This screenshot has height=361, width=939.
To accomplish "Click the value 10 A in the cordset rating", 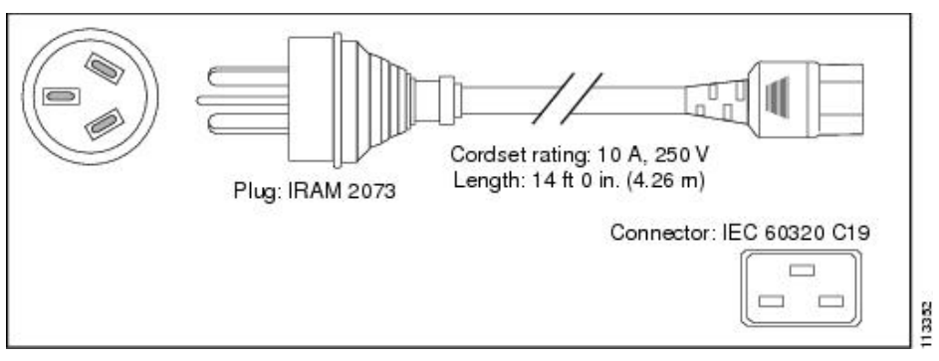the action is tap(619, 155).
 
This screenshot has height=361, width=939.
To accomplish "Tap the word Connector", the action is tap(658, 233).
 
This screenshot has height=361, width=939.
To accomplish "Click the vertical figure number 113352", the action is tap(928, 325).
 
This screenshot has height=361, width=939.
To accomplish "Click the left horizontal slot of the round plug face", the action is tap(61, 95).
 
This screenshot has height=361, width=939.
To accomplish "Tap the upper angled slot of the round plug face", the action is tap(105, 68).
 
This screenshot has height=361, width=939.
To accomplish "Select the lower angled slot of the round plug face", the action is tap(105, 124).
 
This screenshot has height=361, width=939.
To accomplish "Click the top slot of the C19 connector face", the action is tap(802, 271).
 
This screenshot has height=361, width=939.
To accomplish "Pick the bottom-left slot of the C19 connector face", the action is tap(771, 301).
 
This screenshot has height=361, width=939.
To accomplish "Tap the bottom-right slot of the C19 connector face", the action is tap(831, 301).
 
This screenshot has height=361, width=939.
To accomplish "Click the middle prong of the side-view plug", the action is tap(243, 100).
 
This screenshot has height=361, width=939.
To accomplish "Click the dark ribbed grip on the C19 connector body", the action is tap(778, 98).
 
